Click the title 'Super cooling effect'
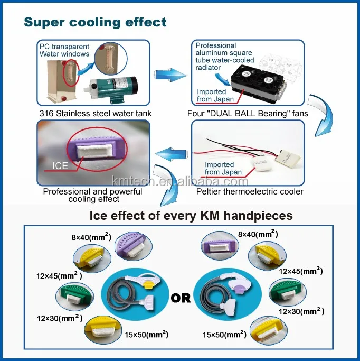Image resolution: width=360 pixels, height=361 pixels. pos(95,22)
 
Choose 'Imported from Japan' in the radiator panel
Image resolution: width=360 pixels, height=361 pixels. pos(212,95)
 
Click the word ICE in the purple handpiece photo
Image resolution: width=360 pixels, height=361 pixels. pos(60,166)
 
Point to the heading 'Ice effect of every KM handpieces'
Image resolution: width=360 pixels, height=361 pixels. pos(191,216)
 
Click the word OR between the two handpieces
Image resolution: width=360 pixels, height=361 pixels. pos(181,298)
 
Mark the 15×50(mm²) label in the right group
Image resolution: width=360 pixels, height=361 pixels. pos(224,335)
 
